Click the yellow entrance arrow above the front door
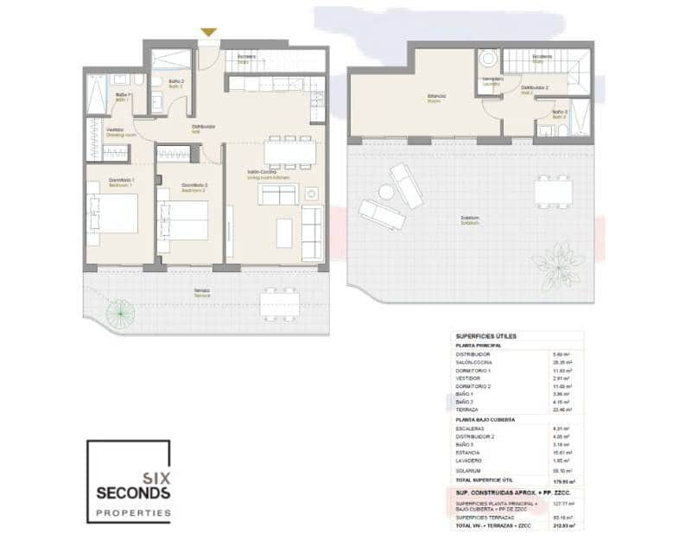tap(208, 33)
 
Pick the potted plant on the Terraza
tap(119, 313)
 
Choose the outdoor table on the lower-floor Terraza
tap(282, 303)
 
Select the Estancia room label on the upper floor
tap(435, 97)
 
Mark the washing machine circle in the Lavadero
tap(488, 59)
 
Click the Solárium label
tap(470, 219)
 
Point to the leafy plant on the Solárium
tap(558, 258)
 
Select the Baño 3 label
tap(561, 113)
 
